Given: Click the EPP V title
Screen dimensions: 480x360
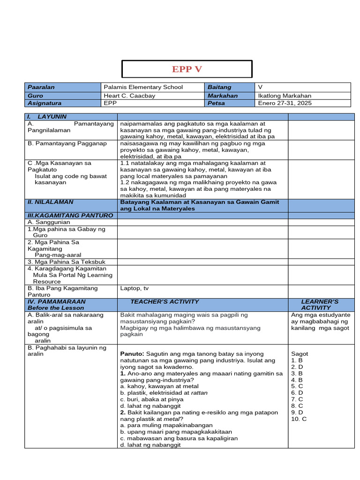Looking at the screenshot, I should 187,69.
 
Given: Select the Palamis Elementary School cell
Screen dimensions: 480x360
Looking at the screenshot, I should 143,87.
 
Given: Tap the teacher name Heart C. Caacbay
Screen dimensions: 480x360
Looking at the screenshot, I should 129,96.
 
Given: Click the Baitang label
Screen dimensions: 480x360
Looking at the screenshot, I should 219,87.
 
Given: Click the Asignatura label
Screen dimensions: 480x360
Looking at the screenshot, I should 45,103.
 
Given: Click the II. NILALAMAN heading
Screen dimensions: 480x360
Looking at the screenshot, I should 50,202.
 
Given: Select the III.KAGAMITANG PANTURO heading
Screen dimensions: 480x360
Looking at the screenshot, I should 70,215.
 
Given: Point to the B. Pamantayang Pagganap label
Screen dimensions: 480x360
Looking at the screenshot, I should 67,143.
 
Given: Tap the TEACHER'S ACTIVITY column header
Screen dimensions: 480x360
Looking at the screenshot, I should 165,302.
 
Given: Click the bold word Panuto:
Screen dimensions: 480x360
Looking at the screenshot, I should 132,354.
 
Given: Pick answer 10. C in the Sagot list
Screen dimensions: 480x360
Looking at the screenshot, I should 299,419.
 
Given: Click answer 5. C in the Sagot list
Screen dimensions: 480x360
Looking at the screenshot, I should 297,386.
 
